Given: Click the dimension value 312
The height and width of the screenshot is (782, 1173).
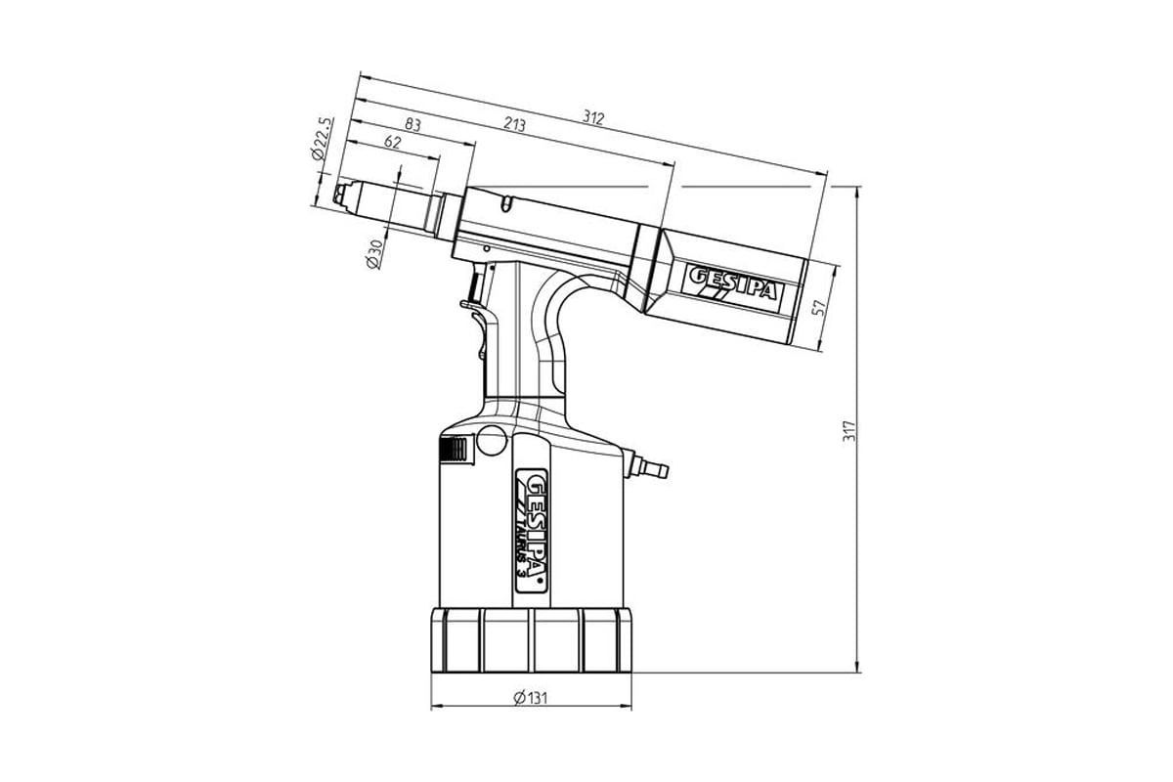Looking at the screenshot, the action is tap(593, 118).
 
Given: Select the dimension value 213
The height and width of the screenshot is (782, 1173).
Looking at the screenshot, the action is tap(515, 124).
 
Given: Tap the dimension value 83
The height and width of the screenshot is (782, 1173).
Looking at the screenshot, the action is tap(413, 125).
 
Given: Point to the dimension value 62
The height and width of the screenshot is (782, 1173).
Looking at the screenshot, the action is tap(392, 142).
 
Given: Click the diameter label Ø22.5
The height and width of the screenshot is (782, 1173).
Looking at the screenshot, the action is tap(322, 138).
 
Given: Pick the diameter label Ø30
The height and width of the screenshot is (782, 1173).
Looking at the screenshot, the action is tap(376, 254).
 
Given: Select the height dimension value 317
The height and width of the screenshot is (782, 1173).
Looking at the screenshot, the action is tap(848, 431).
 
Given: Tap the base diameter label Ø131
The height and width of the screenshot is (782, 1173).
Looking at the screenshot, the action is tap(531, 698).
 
